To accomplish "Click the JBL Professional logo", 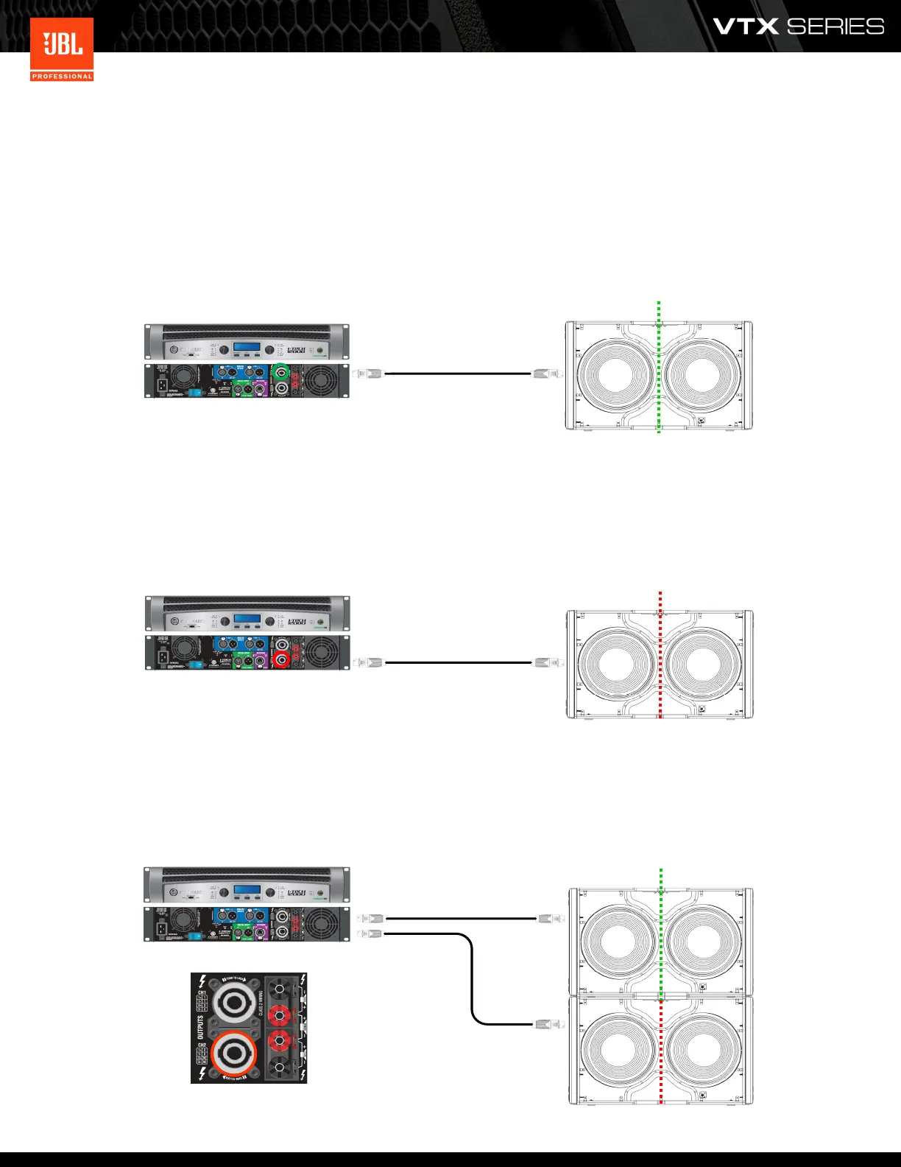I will pos(62,49).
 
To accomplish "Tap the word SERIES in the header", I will pos(835,27).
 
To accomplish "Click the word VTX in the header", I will pos(745,27).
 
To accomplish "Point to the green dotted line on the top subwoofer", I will pos(659,368).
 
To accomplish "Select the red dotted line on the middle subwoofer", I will pos(660,656).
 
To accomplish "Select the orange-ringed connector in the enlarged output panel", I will pos(234,1054).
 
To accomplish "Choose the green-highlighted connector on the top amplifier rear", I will pos(280,372).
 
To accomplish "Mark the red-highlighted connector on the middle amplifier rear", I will pos(280,659).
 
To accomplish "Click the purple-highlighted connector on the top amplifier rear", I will pos(259,388).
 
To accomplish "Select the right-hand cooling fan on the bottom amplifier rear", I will pos(322,922).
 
